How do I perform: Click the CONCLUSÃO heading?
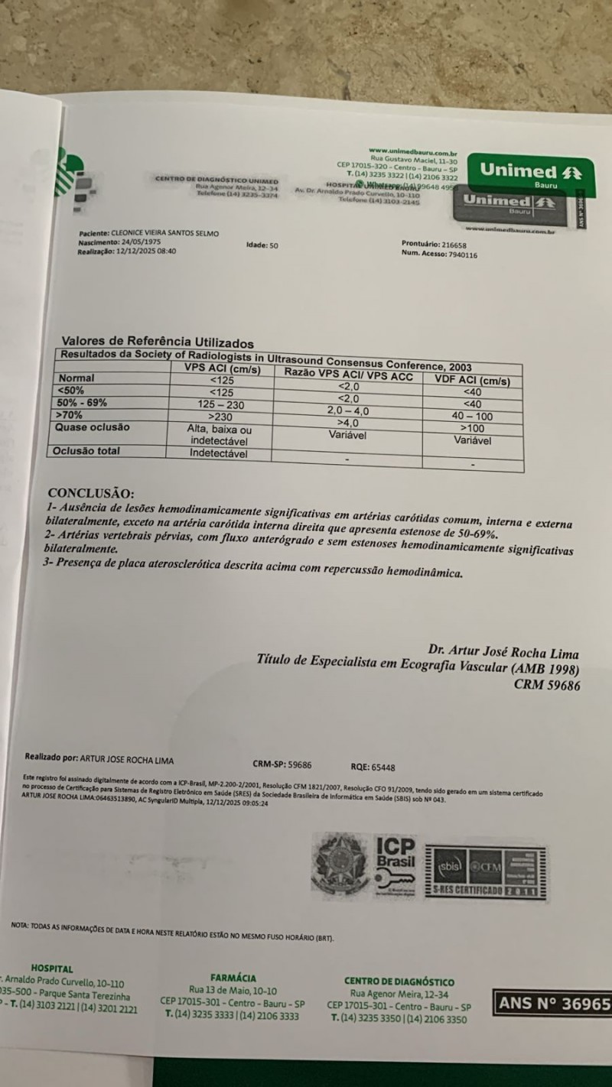pyautogui.click(x=90, y=493)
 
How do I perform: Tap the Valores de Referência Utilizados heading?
pyautogui.click(x=157, y=343)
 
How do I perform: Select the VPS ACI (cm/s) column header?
pyautogui.click(x=223, y=370)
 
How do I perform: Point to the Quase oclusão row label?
pyautogui.click(x=93, y=427)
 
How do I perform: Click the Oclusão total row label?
pyautogui.click(x=86, y=450)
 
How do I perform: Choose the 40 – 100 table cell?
pyautogui.click(x=473, y=417)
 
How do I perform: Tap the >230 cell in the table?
pyautogui.click(x=220, y=416)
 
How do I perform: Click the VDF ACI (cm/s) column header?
pyautogui.click(x=472, y=381)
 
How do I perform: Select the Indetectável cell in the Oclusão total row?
pyautogui.click(x=219, y=453)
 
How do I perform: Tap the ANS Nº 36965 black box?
pyautogui.click(x=552, y=1004)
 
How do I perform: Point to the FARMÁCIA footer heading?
pyautogui.click(x=233, y=978)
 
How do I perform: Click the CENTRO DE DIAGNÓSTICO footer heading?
pyautogui.click(x=399, y=982)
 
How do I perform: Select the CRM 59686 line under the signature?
pyautogui.click(x=547, y=686)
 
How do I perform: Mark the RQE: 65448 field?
pyautogui.click(x=373, y=767)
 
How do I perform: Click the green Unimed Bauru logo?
pyautogui.click(x=530, y=174)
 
